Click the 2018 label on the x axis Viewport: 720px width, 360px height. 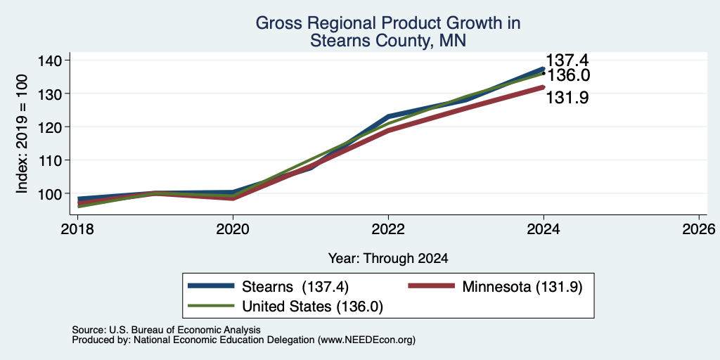coord(77,229)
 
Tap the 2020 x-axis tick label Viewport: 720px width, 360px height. coord(233,229)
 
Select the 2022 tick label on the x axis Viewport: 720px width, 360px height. coord(388,229)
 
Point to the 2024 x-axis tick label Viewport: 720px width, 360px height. coord(544,229)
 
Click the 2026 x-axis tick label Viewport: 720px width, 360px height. coord(699,229)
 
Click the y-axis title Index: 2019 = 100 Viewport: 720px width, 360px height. coord(22,134)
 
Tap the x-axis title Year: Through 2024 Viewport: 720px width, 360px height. coord(388,259)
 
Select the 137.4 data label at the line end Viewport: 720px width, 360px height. coord(567,60)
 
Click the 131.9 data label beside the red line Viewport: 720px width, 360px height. coord(567,97)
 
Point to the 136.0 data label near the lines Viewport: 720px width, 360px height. coord(568,75)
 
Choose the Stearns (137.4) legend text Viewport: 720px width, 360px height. coord(295,287)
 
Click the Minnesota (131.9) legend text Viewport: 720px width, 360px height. coord(522,287)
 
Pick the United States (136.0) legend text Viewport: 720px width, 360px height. coord(312,307)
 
